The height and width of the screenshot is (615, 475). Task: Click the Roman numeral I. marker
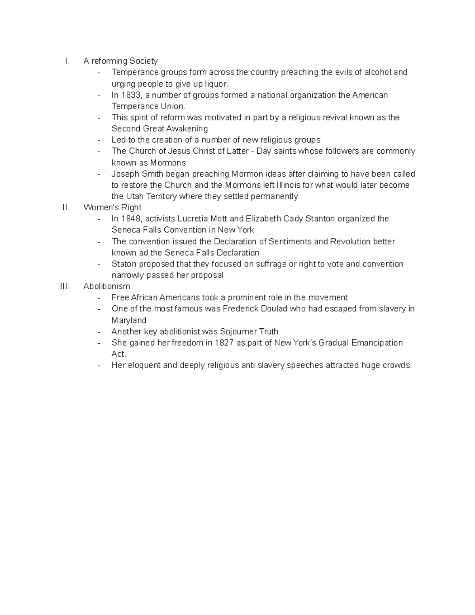(68, 61)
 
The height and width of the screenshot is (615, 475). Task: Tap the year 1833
(131, 95)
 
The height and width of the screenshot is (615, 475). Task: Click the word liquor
(217, 84)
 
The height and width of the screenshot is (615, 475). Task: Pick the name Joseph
(125, 174)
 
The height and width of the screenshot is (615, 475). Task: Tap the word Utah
(135, 196)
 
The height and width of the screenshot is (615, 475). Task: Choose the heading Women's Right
(112, 208)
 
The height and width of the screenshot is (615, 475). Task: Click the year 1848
(131, 219)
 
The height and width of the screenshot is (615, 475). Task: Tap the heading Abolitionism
(106, 286)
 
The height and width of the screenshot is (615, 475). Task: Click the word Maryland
(129, 320)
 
